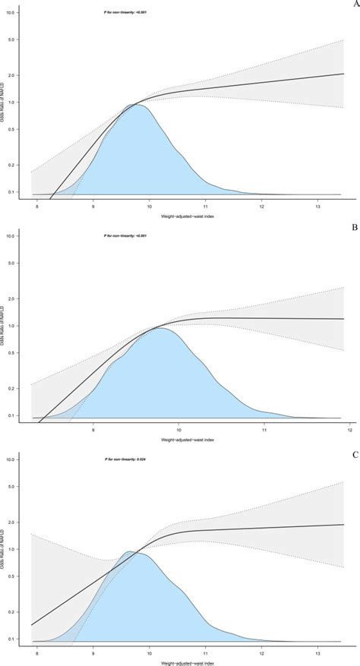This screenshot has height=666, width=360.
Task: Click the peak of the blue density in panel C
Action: [x=129, y=551]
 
